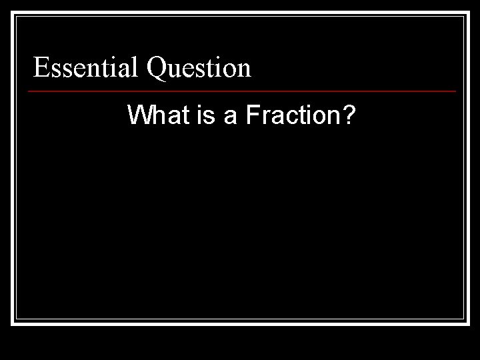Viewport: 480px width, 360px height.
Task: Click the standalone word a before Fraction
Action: [x=230, y=117]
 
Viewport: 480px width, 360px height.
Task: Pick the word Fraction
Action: [x=291, y=116]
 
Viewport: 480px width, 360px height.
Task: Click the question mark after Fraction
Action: [x=348, y=116]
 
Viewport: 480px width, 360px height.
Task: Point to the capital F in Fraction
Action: [x=252, y=116]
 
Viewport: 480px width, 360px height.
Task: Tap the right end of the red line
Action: [x=456, y=91]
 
